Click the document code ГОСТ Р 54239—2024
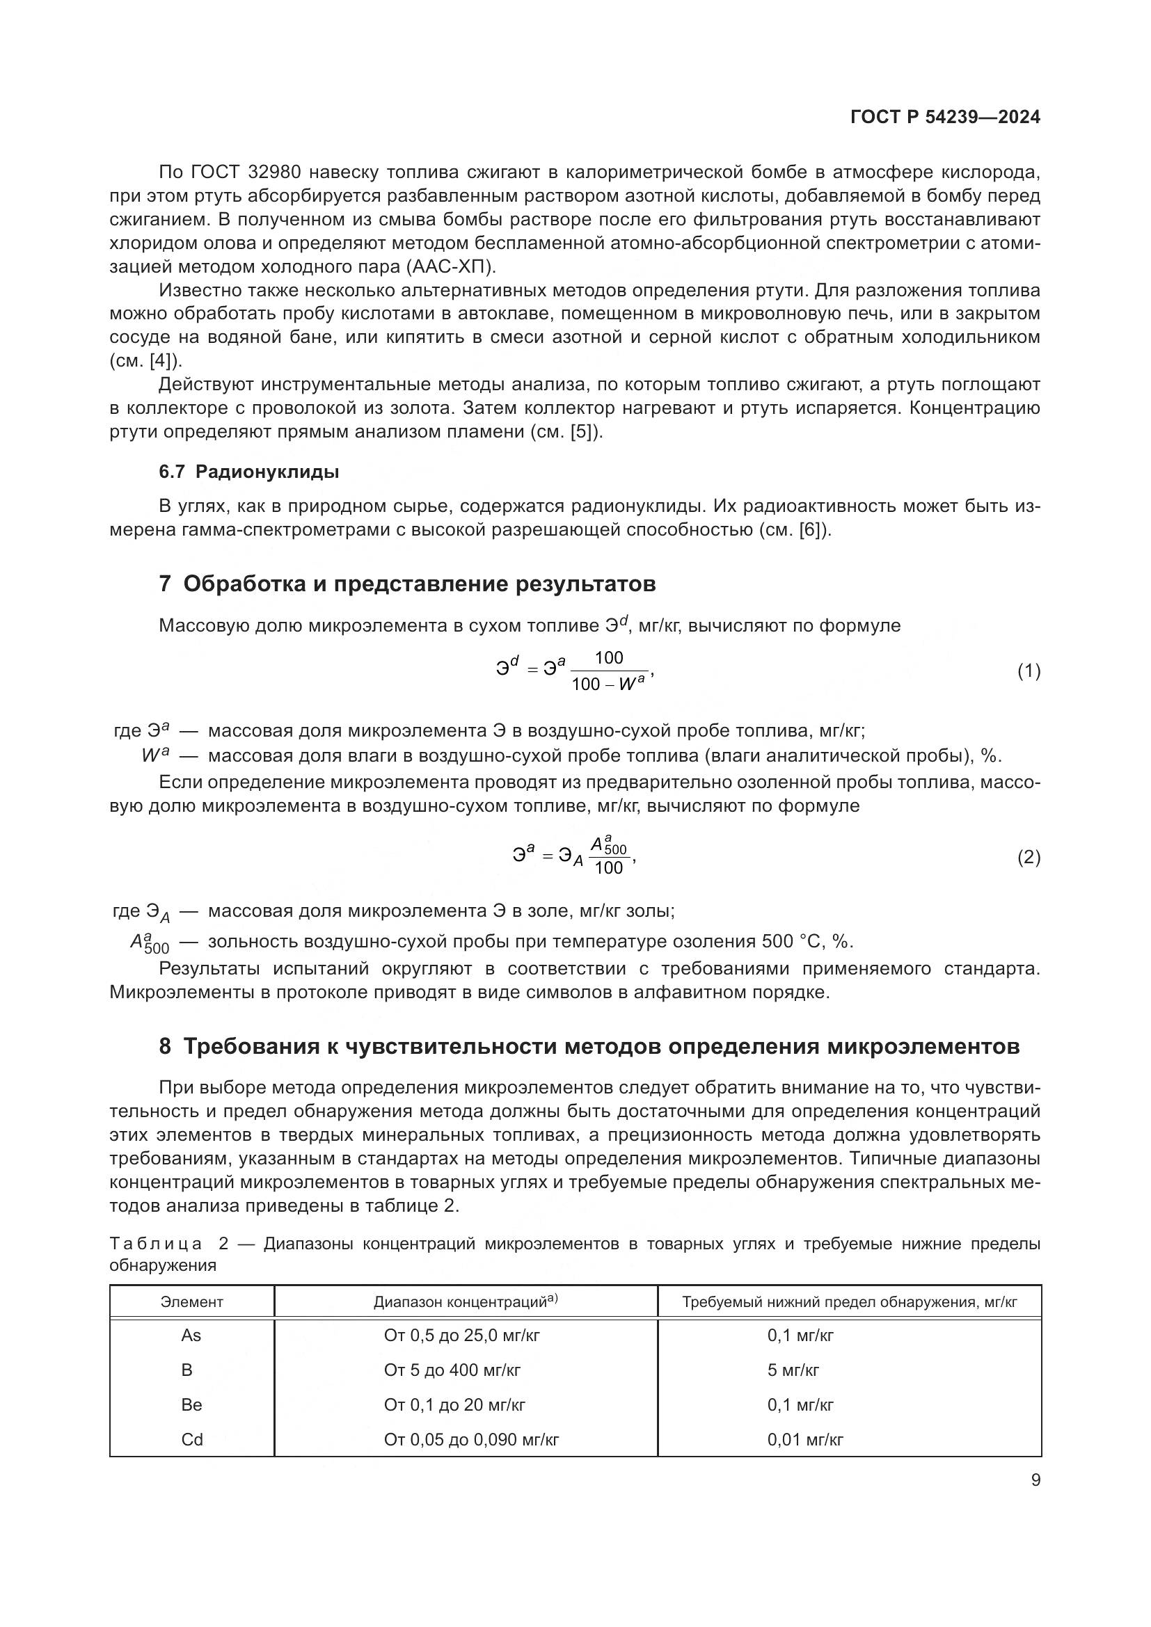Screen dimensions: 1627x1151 [945, 118]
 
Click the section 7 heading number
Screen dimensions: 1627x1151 [164, 584]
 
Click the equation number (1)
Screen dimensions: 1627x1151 [1029, 671]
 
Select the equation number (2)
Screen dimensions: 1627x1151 [1029, 858]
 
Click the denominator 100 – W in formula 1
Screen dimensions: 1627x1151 [608, 684]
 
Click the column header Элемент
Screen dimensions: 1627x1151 [191, 1301]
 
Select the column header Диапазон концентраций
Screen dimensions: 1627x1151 [466, 1301]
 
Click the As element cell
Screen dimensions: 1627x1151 [191, 1336]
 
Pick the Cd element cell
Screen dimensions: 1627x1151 [191, 1440]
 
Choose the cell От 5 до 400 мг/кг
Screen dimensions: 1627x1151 [452, 1370]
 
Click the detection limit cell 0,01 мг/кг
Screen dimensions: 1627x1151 [805, 1440]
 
